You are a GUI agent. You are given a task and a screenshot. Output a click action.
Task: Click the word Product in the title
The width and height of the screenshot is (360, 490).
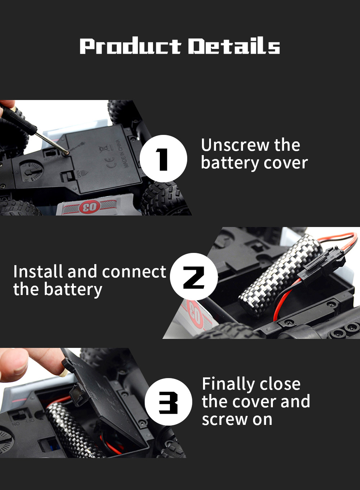pos(130,46)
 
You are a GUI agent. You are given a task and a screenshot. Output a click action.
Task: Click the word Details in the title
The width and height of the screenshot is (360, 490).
pos(234,46)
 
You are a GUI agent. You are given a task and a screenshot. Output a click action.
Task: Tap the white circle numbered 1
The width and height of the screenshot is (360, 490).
pos(163,159)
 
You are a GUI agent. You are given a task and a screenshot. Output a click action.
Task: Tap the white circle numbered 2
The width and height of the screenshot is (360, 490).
pos(194,277)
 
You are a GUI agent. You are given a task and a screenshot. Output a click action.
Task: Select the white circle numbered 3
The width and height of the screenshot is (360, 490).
pos(168,402)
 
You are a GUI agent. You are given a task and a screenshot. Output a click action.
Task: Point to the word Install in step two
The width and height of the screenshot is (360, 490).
pos(38,272)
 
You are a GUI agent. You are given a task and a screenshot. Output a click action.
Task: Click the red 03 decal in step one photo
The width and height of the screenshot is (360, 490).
pos(89,207)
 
